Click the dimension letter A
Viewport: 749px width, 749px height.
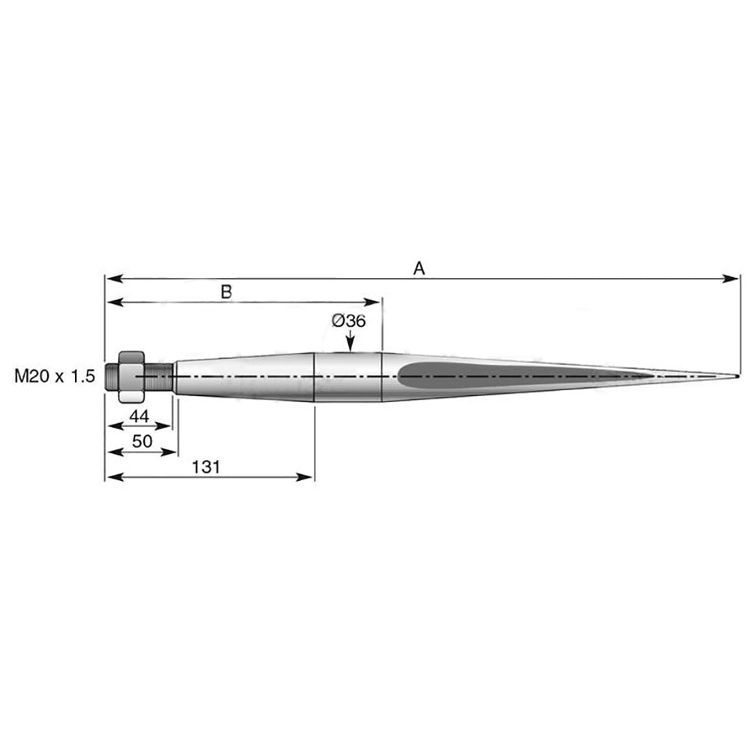click(x=419, y=268)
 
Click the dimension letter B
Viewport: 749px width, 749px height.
click(x=226, y=292)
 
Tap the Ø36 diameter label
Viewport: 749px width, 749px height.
click(x=349, y=321)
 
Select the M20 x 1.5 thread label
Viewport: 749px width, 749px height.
click(x=55, y=377)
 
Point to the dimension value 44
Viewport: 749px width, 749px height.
click(x=139, y=416)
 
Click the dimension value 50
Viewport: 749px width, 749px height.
click(x=142, y=441)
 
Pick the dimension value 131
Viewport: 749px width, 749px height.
click(x=206, y=467)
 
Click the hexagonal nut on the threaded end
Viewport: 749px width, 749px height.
click(x=131, y=377)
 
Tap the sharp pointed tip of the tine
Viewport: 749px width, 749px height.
click(x=739, y=377)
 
